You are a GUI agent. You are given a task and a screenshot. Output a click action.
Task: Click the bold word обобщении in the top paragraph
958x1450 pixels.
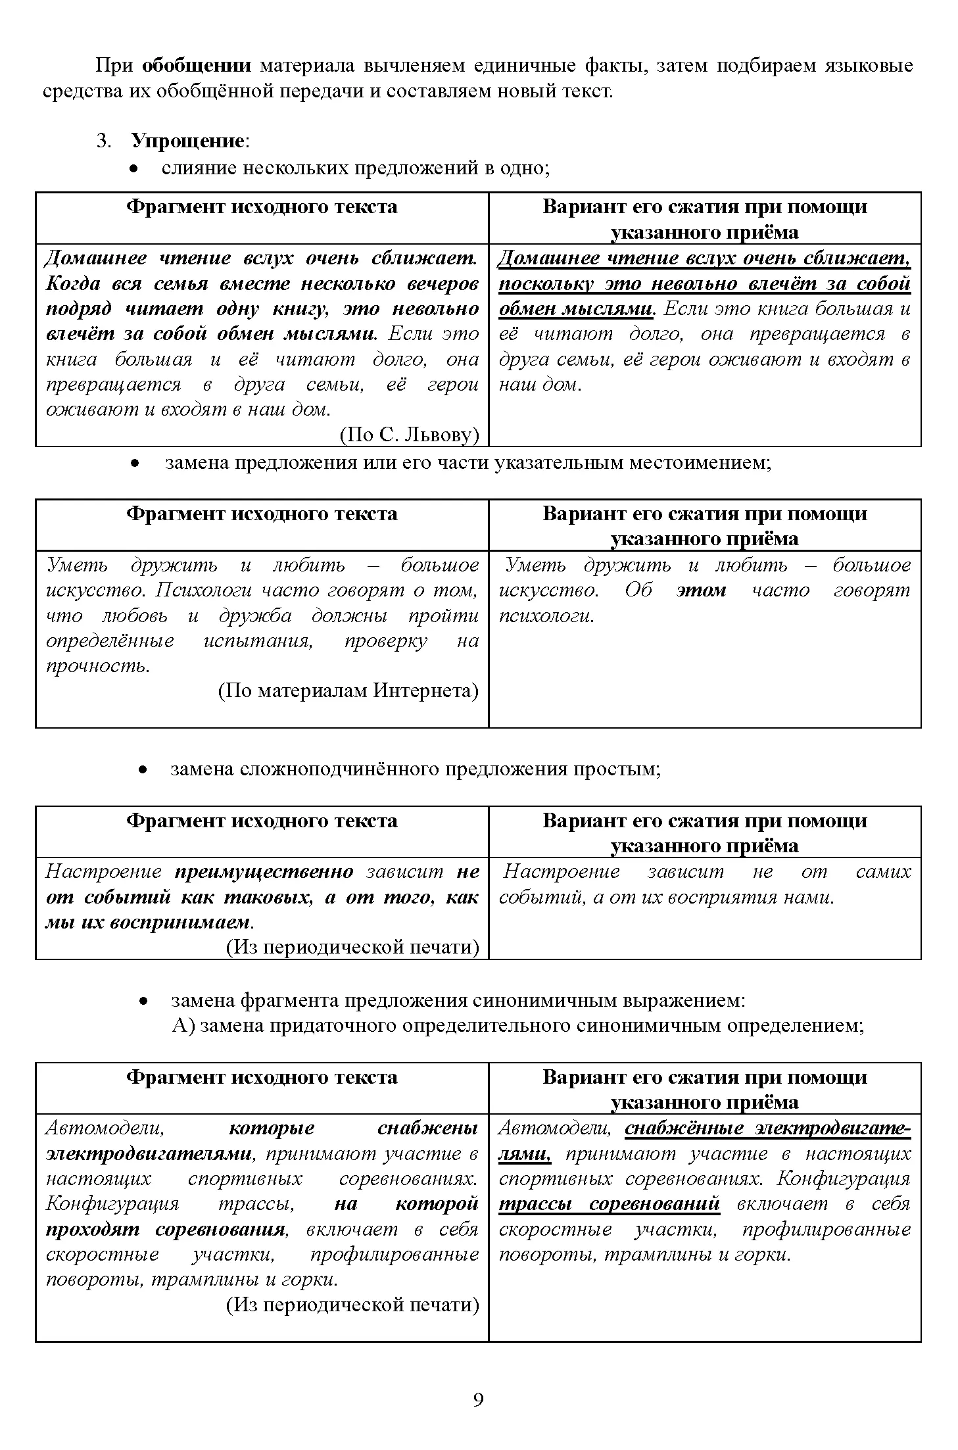coord(197,66)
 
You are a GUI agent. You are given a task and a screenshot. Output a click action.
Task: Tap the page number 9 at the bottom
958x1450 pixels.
coord(478,1399)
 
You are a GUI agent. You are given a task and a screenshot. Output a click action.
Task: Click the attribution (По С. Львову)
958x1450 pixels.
coord(409,435)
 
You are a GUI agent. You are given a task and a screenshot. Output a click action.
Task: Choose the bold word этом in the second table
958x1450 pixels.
coord(701,590)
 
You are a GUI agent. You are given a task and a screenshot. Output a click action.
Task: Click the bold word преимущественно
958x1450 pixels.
coord(264,871)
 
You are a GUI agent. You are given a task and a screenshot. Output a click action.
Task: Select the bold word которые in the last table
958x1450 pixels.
coord(272,1128)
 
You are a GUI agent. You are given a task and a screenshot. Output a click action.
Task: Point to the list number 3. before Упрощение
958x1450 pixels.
coord(104,141)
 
